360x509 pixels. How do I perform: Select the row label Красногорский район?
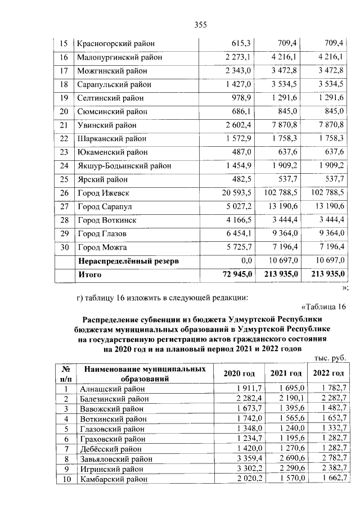(x=116, y=43)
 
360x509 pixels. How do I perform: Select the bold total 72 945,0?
(x=233, y=274)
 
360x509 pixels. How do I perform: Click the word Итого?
(x=89, y=274)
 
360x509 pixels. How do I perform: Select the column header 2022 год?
(x=328, y=374)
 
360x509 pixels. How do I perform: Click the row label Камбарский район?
(x=111, y=479)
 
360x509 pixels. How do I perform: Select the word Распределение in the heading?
(x=115, y=318)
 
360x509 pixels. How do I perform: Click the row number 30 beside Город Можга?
(x=64, y=247)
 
